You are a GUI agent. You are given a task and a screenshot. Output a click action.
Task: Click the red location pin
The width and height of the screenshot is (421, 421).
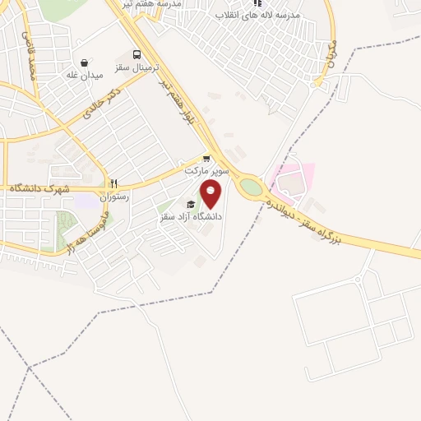[211, 194]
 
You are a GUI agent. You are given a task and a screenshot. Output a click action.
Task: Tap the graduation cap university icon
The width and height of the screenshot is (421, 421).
[191, 204]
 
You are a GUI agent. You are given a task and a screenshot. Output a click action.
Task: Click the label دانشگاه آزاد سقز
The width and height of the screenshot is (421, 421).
[191, 216]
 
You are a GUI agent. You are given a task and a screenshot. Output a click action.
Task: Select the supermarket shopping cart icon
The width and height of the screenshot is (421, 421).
[206, 160]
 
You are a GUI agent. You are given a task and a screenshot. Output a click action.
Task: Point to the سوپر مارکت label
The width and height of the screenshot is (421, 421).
[204, 171]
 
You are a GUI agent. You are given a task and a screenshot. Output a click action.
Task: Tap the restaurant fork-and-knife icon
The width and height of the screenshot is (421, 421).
[114, 185]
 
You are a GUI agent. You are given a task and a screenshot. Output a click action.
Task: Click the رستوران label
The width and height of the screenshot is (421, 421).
[114, 197]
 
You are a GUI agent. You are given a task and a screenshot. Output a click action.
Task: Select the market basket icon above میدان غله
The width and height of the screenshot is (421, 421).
[85, 62]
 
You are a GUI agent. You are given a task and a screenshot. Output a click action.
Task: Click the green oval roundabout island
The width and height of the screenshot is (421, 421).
[252, 187]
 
